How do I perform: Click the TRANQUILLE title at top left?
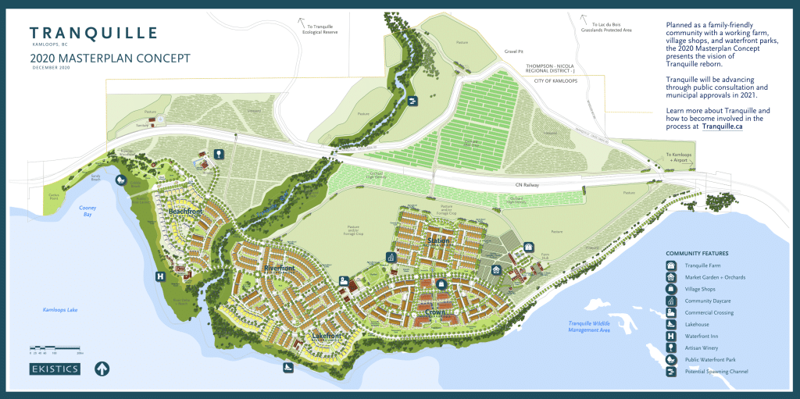click(94, 33)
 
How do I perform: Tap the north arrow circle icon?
click(102, 369)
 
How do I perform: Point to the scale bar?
click(56, 348)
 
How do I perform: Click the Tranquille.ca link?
click(722, 126)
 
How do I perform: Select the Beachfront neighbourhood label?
click(186, 212)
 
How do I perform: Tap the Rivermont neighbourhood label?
click(279, 269)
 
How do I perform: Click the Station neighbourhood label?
click(438, 241)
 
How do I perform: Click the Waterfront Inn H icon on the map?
click(160, 276)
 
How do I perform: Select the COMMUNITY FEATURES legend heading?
click(697, 254)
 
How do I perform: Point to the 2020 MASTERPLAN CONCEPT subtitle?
click(109, 58)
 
